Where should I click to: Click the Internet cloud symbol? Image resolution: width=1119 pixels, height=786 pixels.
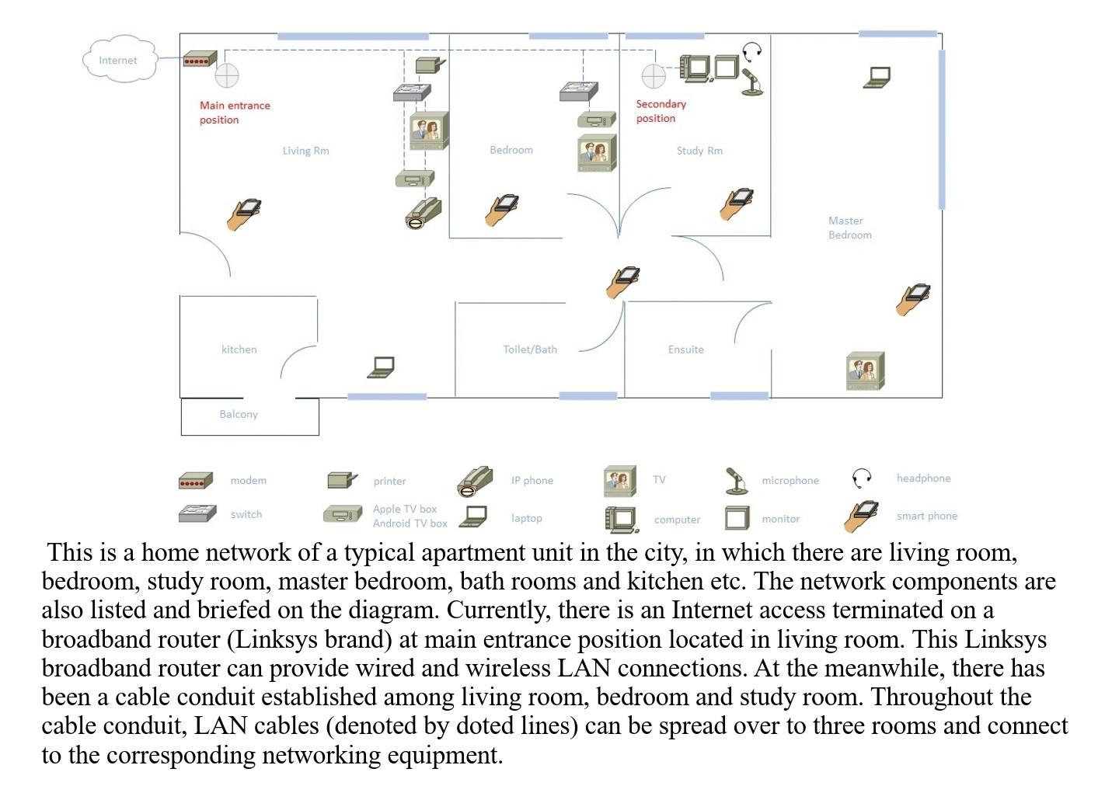pos(119,60)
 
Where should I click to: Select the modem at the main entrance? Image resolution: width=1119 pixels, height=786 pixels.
pos(200,59)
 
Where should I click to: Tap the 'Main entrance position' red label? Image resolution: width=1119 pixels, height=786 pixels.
pos(234,113)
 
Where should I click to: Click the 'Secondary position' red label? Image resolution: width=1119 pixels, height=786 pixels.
pos(661,111)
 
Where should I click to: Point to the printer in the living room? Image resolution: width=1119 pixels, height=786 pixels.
pos(430,65)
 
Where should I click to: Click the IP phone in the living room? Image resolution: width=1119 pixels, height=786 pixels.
pos(424,213)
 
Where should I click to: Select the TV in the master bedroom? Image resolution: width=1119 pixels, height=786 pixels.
pos(865,370)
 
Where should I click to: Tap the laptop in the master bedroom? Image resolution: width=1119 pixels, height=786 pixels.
pos(877,77)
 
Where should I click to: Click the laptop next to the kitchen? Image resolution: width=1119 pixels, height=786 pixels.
pos(381,367)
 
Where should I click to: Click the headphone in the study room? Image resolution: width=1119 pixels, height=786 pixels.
pos(751,52)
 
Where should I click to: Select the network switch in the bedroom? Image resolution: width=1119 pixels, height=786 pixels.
pos(579,92)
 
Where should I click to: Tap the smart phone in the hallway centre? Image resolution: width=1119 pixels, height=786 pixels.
pos(622,281)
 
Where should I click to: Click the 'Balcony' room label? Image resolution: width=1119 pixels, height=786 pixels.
pos(239,414)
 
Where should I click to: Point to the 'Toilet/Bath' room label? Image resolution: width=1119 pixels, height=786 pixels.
pos(529,350)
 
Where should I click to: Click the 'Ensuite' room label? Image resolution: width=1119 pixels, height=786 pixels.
pos(685,350)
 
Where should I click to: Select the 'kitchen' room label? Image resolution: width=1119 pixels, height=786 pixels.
pos(239,350)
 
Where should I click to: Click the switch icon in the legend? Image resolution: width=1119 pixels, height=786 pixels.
pos(197,513)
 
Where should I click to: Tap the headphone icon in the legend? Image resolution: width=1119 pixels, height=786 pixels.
pos(862,478)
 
